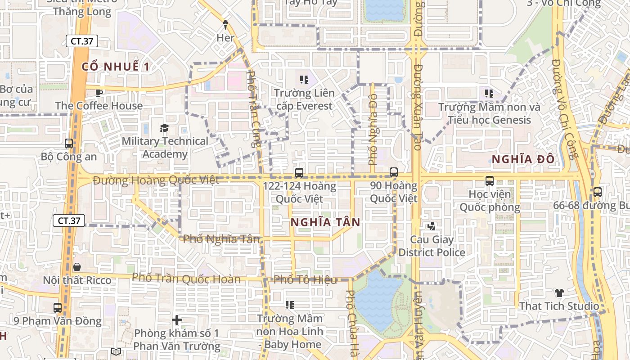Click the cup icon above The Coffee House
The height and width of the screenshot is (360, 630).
(99, 93)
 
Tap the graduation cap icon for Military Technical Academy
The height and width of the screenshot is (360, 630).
(164, 128)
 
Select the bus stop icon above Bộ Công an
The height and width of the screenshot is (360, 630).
(69, 144)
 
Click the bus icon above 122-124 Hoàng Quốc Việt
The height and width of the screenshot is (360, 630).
(299, 172)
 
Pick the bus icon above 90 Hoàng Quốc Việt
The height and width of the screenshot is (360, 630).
(394, 172)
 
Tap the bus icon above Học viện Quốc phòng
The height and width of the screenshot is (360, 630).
(490, 181)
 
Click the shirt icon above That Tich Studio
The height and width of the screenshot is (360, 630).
(559, 293)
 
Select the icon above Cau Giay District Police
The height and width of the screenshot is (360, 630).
(432, 226)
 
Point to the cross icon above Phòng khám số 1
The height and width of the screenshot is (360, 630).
(177, 320)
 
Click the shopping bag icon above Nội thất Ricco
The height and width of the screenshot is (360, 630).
(77, 267)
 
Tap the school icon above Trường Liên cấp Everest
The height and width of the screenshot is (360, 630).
(304, 80)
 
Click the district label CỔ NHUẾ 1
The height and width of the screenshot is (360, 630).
(115, 67)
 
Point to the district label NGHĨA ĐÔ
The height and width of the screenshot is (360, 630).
(522, 159)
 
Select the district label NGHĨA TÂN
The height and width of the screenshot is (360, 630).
(325, 222)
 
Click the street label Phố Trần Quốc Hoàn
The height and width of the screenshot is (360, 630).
(186, 278)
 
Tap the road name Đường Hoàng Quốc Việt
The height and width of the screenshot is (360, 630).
(156, 180)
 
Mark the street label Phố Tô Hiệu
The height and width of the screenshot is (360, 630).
(305, 279)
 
